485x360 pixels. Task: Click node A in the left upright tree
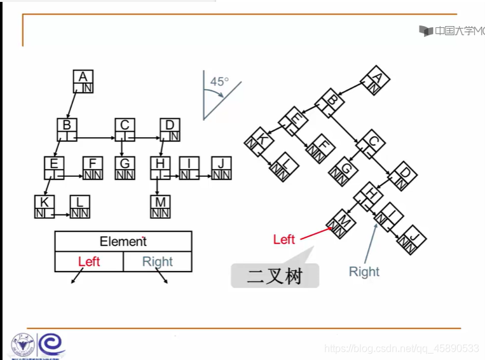[x=83, y=81]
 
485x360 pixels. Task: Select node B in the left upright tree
[x=67, y=130]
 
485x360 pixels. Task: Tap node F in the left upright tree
[x=93, y=169]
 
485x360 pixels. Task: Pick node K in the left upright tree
[x=44, y=207]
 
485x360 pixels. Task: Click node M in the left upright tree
[x=160, y=207]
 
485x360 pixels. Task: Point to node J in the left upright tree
[x=221, y=169]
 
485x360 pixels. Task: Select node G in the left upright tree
[x=125, y=169]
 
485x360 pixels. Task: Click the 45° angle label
[x=219, y=82]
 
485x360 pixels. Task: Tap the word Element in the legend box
[x=123, y=242]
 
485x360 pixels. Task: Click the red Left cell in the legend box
[x=89, y=261]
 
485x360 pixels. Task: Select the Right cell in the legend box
[x=157, y=261]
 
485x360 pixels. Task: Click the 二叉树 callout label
[x=275, y=277]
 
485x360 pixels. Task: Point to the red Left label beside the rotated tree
[x=283, y=240]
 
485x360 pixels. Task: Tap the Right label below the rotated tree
[x=364, y=272]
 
